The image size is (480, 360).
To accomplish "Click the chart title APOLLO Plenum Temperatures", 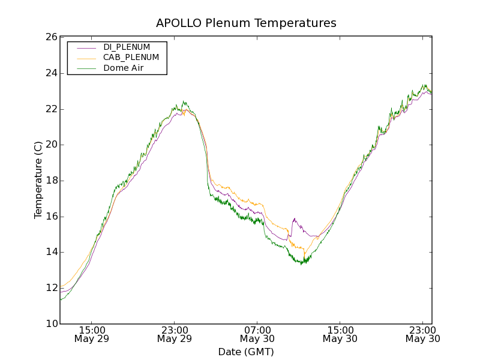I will (x=246, y=23).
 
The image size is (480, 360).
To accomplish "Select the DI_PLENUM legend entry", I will (x=127, y=47).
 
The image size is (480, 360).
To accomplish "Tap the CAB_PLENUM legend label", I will (x=131, y=58).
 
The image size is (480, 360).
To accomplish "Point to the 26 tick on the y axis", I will (x=50, y=37).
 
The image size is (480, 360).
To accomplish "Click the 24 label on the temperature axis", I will (x=50, y=73).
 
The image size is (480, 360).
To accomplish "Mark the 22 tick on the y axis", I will (x=50, y=109).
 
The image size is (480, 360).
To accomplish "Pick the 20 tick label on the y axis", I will (x=50, y=145).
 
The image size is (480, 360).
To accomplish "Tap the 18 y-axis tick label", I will (x=50, y=181).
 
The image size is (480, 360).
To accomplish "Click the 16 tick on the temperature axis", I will (x=50, y=217).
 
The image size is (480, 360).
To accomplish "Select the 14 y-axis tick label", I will (x=50, y=252).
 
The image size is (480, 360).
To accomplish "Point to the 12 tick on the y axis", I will (x=50, y=288).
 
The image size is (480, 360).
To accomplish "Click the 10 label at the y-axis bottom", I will (x=50, y=324).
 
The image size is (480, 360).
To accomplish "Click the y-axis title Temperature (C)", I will (x=38, y=180).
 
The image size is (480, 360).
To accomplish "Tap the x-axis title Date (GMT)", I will (x=246, y=352).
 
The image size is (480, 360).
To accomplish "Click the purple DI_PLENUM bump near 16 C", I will (x=295, y=220).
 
